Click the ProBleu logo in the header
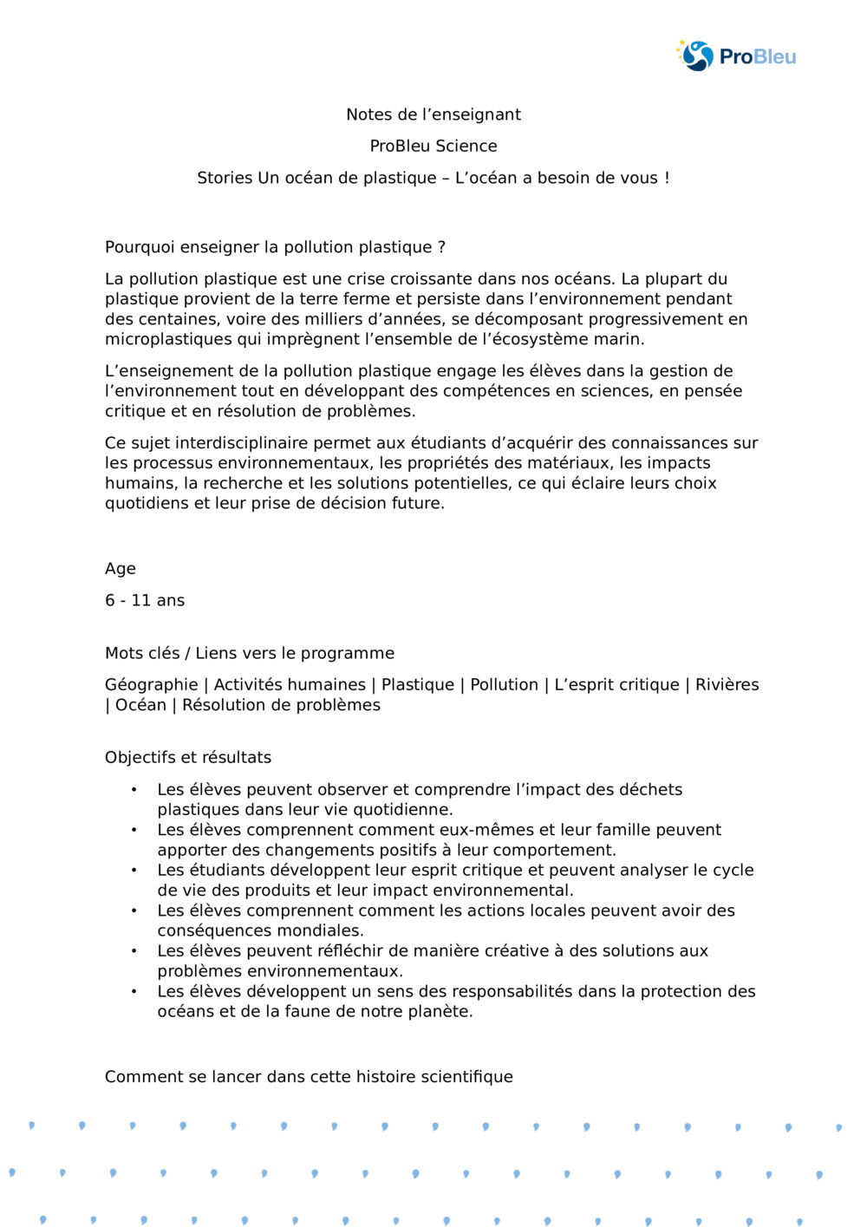tap(736, 56)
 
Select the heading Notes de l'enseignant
tap(433, 114)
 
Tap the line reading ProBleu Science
tap(433, 146)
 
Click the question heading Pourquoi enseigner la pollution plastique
tap(275, 247)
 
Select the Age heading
tap(121, 569)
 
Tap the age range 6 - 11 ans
tap(145, 600)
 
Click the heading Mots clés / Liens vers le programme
tap(250, 653)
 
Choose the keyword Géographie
tap(151, 685)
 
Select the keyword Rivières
tap(727, 685)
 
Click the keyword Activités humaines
tap(290, 685)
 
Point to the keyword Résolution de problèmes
tap(281, 705)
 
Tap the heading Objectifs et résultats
tap(188, 757)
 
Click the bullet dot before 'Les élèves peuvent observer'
tap(134, 790)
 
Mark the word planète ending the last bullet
tap(439, 1012)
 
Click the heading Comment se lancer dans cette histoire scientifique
tap(309, 1077)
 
